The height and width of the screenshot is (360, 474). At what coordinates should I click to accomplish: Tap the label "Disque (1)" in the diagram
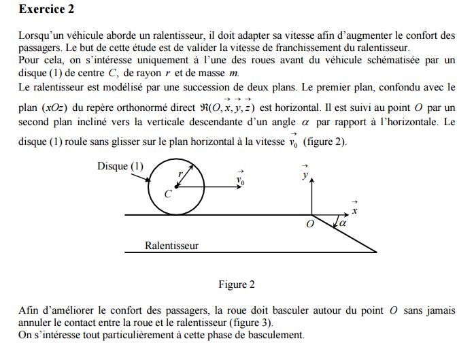(x=120, y=166)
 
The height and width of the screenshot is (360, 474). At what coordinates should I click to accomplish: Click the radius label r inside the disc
(x=180, y=174)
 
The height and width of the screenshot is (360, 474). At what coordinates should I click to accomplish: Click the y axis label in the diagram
(x=305, y=175)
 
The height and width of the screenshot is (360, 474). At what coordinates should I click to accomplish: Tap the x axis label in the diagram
(x=354, y=211)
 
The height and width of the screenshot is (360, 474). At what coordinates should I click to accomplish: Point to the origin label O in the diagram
(x=310, y=225)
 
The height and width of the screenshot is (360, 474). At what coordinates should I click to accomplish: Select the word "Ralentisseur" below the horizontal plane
(x=171, y=245)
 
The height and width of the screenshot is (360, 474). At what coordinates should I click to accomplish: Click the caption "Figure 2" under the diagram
(x=237, y=284)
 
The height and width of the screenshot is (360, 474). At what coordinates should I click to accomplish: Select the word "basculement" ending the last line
(x=278, y=335)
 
